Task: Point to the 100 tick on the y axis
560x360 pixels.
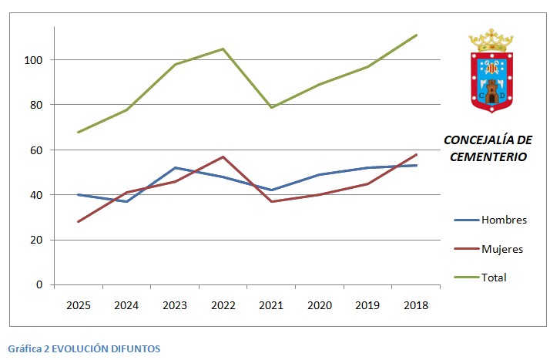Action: [34, 60]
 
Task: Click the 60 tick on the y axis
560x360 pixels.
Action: [37, 150]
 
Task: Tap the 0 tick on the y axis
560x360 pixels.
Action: [40, 285]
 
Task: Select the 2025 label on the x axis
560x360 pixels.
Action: [78, 305]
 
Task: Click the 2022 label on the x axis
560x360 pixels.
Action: [223, 305]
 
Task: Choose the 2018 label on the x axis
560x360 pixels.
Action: [416, 305]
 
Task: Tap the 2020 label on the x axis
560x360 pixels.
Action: [319, 305]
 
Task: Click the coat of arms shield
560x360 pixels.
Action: [491, 81]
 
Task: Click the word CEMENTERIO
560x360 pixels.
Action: [488, 156]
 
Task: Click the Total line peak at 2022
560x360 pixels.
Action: [223, 49]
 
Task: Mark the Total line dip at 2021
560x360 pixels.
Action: [271, 107]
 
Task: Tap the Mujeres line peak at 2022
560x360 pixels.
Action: [223, 156]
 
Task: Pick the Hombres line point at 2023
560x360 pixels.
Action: [175, 167]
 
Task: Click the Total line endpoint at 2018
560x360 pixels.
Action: [417, 35]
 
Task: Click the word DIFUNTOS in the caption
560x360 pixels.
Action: [134, 348]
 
